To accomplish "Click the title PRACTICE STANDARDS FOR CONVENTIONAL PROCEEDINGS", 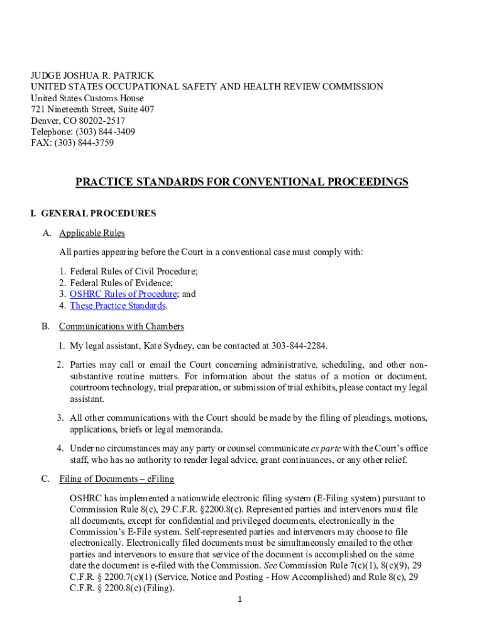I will (242, 182).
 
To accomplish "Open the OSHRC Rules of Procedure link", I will (123, 294).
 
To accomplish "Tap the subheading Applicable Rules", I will (92, 233).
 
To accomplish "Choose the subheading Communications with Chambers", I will (121, 326).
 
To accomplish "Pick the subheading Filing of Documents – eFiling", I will (116, 479).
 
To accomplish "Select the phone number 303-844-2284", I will (299, 347).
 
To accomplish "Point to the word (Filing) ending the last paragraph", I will (158, 589).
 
